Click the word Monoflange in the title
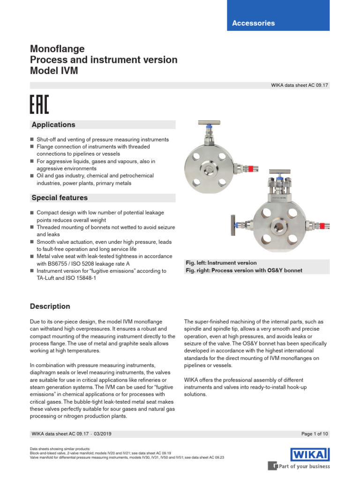57,49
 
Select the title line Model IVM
54,71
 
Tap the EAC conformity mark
39,105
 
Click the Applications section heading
53,125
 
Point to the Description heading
50,307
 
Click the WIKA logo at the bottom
310,454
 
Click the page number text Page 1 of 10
315,435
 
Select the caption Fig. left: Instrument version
221,263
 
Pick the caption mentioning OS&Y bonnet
244,270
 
